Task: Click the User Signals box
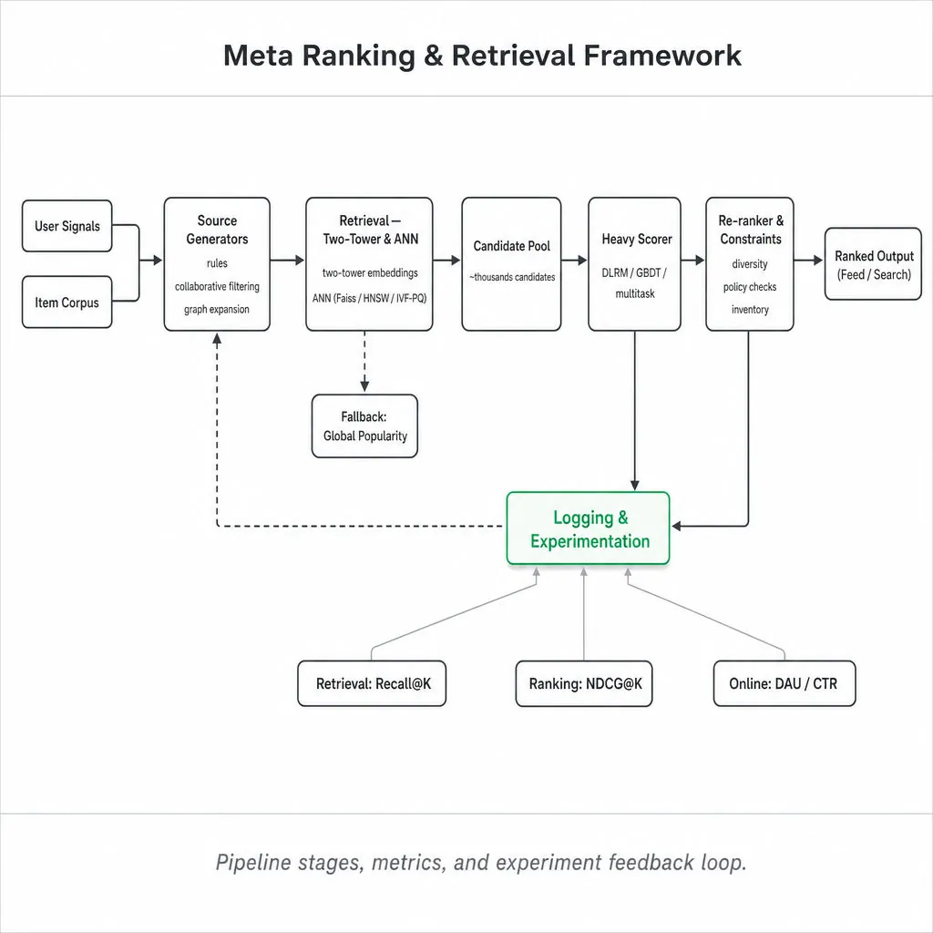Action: [67, 226]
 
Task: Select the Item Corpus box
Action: [67, 302]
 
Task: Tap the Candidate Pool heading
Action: [512, 246]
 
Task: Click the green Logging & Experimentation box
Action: [588, 528]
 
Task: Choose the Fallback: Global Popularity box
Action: [364, 426]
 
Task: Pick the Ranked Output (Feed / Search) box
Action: [873, 264]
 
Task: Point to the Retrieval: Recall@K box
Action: [372, 683]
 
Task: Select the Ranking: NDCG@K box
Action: [584, 683]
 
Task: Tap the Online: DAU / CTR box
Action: [784, 683]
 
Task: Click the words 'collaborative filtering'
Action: [217, 287]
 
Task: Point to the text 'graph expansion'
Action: [217, 310]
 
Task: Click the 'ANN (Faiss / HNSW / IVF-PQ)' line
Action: [370, 298]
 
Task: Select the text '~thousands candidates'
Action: [512, 277]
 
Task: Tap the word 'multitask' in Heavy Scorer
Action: [635, 294]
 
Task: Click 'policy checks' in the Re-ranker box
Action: [750, 287]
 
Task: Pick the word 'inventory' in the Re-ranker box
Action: [750, 310]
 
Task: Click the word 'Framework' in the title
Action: [662, 56]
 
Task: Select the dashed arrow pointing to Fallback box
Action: [364, 362]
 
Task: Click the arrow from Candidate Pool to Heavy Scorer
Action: [574, 260]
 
